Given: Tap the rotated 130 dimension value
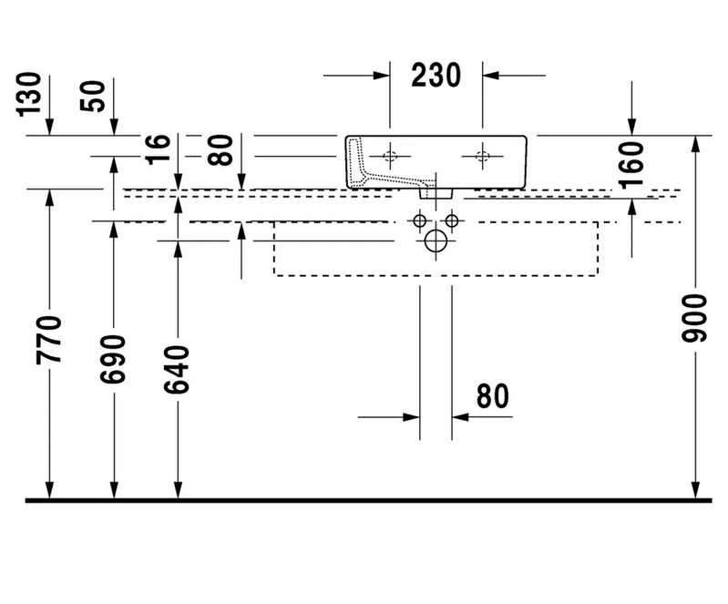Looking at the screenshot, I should point(26,93).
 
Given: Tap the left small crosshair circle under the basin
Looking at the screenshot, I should point(421,220).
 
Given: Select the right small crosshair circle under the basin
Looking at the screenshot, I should point(453,220).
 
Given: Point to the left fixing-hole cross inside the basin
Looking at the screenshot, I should point(390,157).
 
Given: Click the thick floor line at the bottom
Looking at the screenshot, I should point(364,499).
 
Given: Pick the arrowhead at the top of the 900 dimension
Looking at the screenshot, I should point(696,143).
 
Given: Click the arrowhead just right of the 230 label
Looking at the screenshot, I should point(491,76).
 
